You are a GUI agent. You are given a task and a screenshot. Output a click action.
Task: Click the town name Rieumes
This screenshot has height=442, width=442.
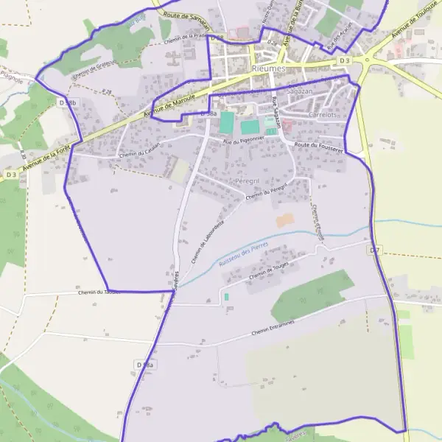point(268,68)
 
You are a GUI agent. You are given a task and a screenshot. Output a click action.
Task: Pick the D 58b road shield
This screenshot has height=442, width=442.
point(66,102)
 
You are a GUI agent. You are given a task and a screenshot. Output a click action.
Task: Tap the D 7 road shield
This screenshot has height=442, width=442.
point(375,250)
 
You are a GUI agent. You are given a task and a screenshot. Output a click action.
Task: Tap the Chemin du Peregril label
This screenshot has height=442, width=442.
point(264,193)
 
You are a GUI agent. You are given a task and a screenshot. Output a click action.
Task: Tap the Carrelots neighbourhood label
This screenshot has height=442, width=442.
point(324,115)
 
